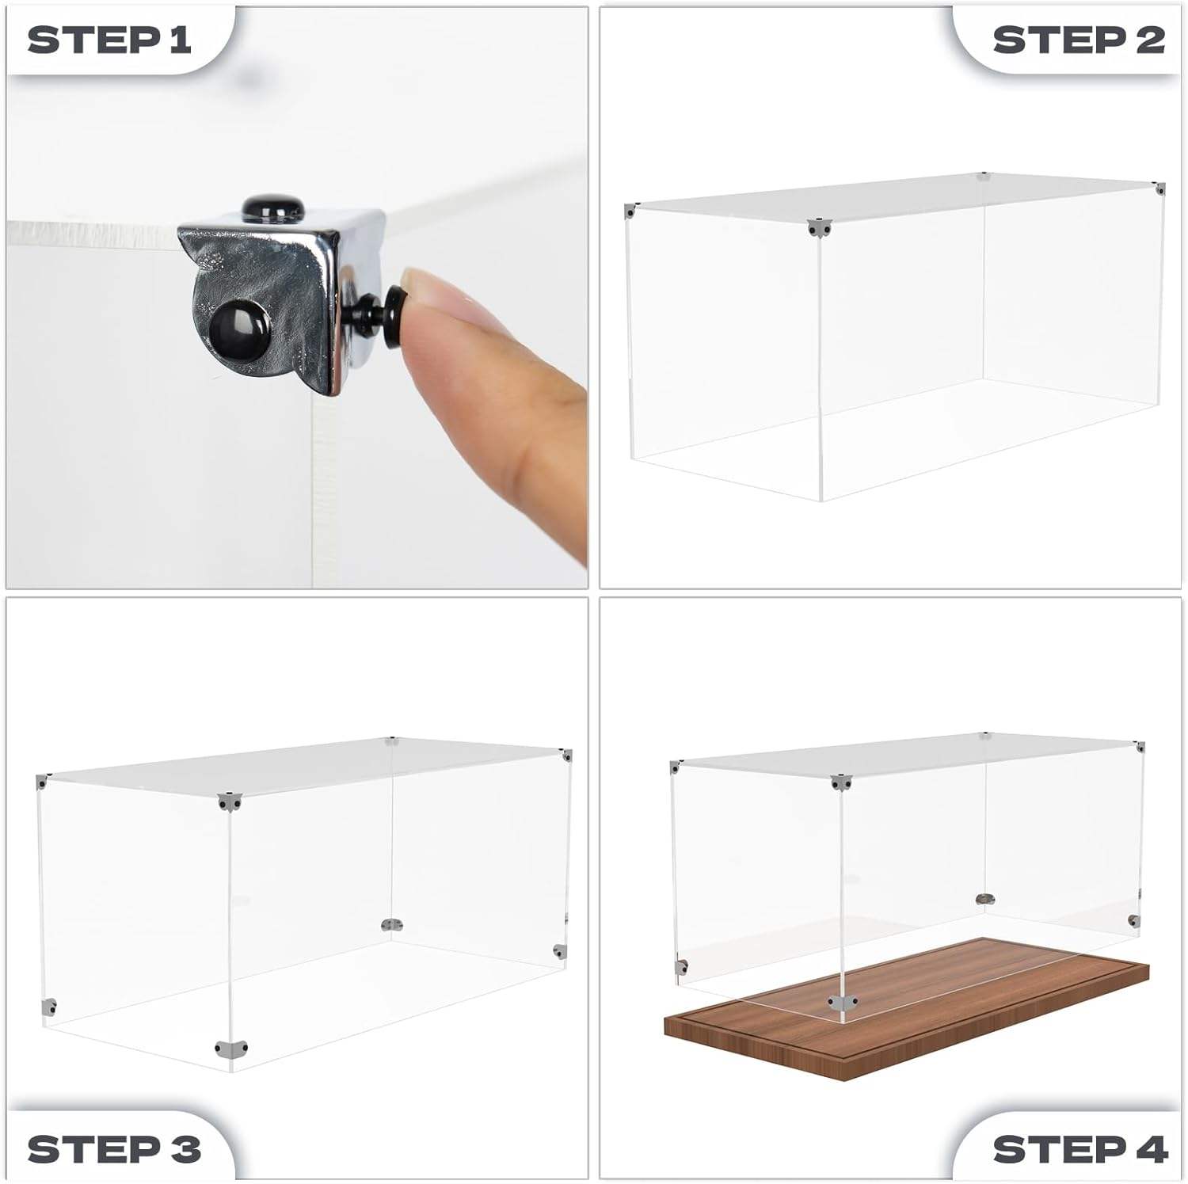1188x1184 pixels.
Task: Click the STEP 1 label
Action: tap(109, 40)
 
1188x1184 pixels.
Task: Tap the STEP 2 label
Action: tap(1079, 40)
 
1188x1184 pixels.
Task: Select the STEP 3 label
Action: tap(114, 1149)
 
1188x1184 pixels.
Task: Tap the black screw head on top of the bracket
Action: tap(273, 210)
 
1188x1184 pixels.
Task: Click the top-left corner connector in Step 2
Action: tap(631, 211)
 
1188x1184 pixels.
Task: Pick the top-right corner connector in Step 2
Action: tap(1159, 188)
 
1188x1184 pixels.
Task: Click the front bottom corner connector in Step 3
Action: tap(230, 1049)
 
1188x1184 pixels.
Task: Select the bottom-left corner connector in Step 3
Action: tap(49, 1007)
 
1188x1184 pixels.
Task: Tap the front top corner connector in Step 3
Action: tap(230, 801)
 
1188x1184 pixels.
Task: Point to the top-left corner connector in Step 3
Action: tap(43, 782)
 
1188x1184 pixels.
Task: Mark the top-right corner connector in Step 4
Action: tap(1139, 747)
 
